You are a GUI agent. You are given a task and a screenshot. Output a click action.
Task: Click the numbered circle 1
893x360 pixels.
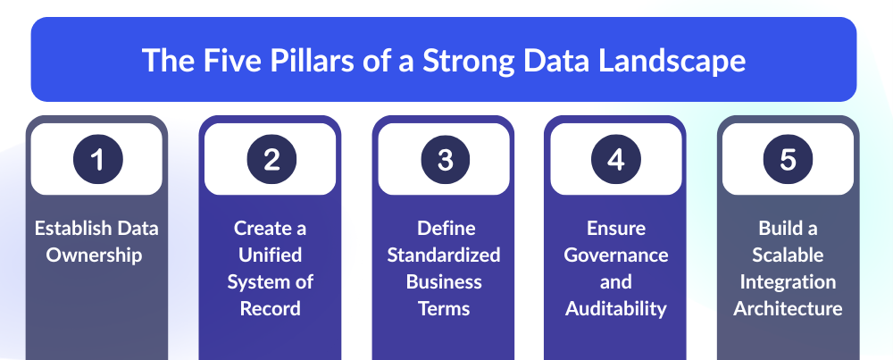coord(98,159)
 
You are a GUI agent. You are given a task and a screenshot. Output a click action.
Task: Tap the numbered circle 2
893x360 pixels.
coord(271,159)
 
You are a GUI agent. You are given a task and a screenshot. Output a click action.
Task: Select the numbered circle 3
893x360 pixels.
coord(446,159)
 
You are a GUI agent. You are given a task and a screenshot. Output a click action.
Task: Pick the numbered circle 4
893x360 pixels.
coord(615,159)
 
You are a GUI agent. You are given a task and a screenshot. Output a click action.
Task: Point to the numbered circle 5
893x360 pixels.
coord(788,159)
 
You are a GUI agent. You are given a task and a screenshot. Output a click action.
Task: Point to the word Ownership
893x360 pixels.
coord(94,255)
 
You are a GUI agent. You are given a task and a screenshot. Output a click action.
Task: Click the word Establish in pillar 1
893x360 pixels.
coord(73,228)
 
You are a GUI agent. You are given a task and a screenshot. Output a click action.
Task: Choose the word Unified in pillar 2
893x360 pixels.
coord(270,254)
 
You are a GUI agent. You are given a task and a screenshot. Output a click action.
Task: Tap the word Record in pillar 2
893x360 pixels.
coord(270,308)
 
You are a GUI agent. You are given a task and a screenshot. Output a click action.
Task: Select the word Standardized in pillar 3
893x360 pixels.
coord(444,254)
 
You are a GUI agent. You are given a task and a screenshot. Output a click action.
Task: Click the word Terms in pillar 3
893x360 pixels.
coord(444,308)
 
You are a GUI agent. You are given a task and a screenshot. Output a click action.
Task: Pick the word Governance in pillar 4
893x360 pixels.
coord(615,254)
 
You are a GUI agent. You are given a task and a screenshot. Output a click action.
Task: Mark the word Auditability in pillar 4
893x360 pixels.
coord(615,309)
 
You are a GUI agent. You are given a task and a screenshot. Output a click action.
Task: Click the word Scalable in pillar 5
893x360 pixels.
coord(788,254)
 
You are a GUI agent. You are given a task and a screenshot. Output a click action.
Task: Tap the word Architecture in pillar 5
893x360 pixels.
coord(788,308)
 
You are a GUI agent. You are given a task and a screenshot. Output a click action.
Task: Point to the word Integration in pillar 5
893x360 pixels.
coord(788,282)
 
